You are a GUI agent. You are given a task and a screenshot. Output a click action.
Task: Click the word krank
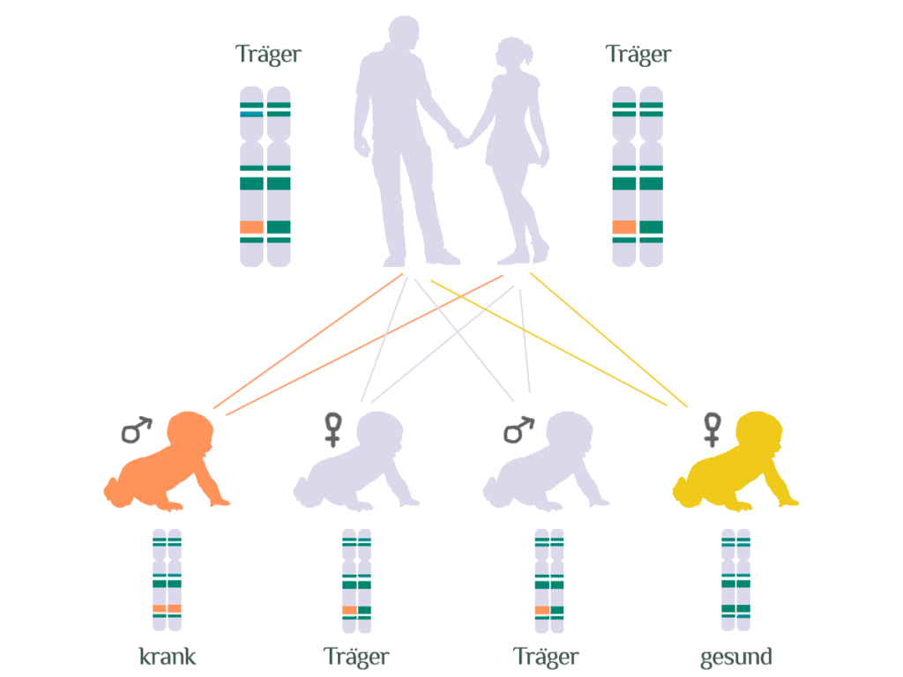pyautogui.click(x=168, y=657)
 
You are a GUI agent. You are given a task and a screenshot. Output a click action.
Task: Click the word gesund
pyautogui.click(x=735, y=657)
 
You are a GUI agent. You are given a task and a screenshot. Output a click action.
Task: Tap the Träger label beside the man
pyautogui.click(x=268, y=54)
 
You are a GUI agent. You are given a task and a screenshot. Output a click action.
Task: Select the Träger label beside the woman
pyautogui.click(x=638, y=54)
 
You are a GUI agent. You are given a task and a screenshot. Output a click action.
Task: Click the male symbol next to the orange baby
pyautogui.click(x=136, y=429)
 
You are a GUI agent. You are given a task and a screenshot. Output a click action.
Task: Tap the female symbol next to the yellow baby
pyautogui.click(x=711, y=429)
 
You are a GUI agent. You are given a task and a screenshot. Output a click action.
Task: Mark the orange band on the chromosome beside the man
pyautogui.click(x=251, y=227)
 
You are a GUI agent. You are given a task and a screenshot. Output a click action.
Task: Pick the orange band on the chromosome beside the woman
pyautogui.click(x=624, y=227)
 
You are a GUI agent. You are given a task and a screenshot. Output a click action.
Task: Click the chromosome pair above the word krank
pyautogui.click(x=167, y=579)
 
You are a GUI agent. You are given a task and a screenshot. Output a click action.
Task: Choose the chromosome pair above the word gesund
pyautogui.click(x=735, y=579)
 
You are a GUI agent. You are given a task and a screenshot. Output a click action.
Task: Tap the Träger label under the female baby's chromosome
pyautogui.click(x=356, y=657)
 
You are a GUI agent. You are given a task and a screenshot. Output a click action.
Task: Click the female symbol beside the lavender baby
pyautogui.click(x=332, y=429)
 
